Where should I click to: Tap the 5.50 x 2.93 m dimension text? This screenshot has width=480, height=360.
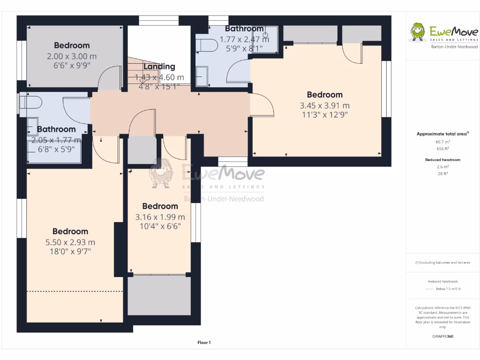coord(70,242)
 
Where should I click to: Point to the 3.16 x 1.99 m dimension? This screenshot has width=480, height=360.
coord(160,217)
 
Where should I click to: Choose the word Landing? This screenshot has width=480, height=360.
coord(159,67)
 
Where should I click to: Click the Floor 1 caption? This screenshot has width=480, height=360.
coord(204,343)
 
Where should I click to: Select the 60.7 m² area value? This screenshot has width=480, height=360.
coord(442,142)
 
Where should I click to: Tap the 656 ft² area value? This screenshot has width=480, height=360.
coord(442,149)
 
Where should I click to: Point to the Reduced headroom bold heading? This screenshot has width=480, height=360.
coord(442,160)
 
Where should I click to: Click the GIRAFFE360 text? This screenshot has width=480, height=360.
coord(442,336)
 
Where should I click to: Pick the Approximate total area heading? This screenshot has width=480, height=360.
coord(442,134)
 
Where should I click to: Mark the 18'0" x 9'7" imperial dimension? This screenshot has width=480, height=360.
coord(70,251)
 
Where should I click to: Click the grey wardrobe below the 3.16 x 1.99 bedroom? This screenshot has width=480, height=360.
coord(159,295)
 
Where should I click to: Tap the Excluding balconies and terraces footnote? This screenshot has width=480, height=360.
coord(442,262)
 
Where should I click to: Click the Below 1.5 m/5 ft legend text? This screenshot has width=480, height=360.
coord(448,289)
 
